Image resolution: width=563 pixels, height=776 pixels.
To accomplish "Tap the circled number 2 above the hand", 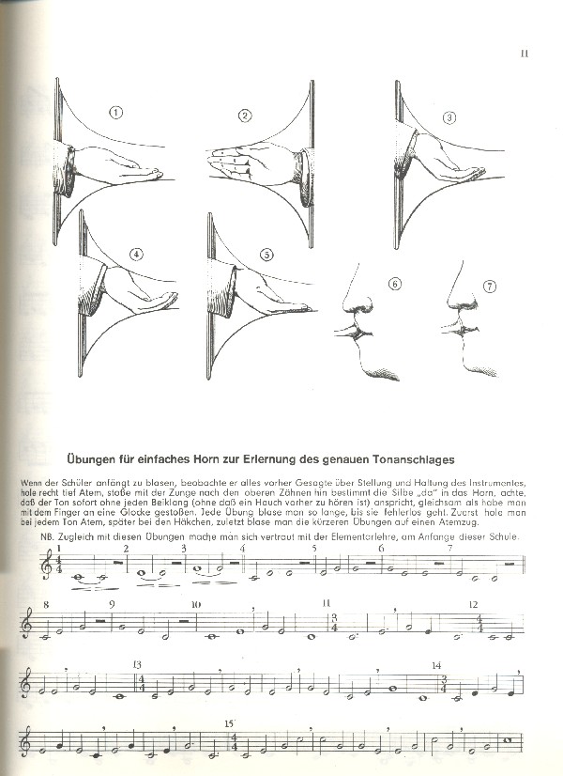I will point(245,116).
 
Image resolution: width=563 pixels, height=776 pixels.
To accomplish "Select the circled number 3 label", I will point(449,118).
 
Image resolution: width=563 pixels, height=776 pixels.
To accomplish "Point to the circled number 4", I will point(137,255).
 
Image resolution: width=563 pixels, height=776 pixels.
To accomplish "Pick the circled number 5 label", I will point(266,254).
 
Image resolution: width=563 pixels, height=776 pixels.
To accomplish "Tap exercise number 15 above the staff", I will point(229,724).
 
